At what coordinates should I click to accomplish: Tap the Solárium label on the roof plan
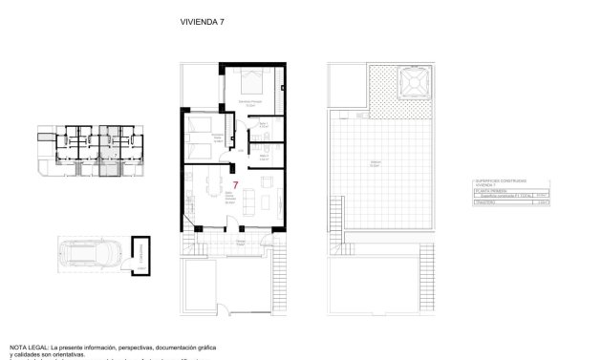(377, 164)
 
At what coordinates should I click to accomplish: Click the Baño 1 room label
(264, 123)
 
